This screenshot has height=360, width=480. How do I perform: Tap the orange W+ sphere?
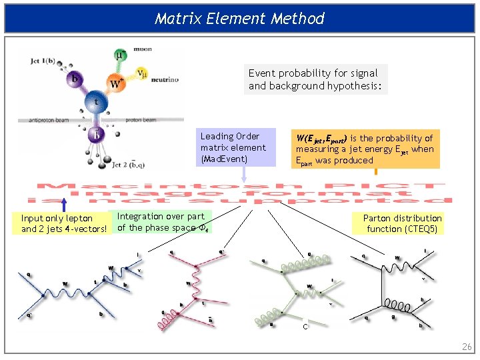(116, 84)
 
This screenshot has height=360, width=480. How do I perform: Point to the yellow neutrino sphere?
(141, 73)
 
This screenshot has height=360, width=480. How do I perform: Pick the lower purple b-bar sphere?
(96, 136)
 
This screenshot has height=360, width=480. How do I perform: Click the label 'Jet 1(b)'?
(43, 61)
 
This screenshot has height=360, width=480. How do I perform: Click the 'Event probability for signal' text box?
(315, 79)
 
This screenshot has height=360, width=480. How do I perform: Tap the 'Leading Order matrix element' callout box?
(237, 147)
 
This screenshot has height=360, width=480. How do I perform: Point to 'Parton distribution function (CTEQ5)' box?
(402, 223)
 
